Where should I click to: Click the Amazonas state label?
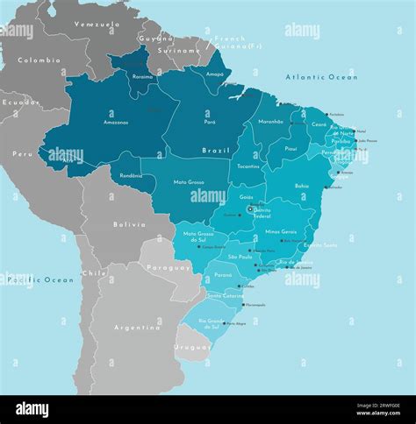click(x=116, y=123)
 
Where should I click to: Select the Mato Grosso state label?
click(x=189, y=182)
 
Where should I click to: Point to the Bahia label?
click(x=302, y=186)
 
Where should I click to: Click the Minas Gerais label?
click(x=280, y=231)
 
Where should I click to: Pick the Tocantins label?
click(x=248, y=166)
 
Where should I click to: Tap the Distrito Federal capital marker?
click(x=251, y=210)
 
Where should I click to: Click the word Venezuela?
click(x=97, y=25)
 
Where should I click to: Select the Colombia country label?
click(x=39, y=60)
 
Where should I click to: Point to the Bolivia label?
click(x=129, y=224)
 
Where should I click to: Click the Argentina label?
click(x=137, y=327)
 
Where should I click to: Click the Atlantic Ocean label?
click(x=321, y=78)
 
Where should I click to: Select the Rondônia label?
click(x=132, y=175)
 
